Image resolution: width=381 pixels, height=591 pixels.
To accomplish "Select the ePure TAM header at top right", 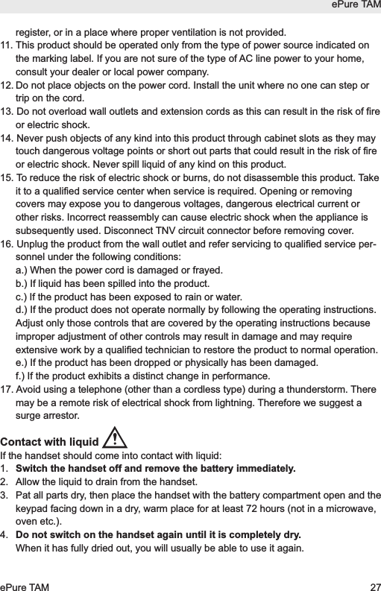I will pyautogui.click(x=354, y=6).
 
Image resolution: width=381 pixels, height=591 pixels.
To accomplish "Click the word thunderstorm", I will pyautogui.click(x=313, y=391).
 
